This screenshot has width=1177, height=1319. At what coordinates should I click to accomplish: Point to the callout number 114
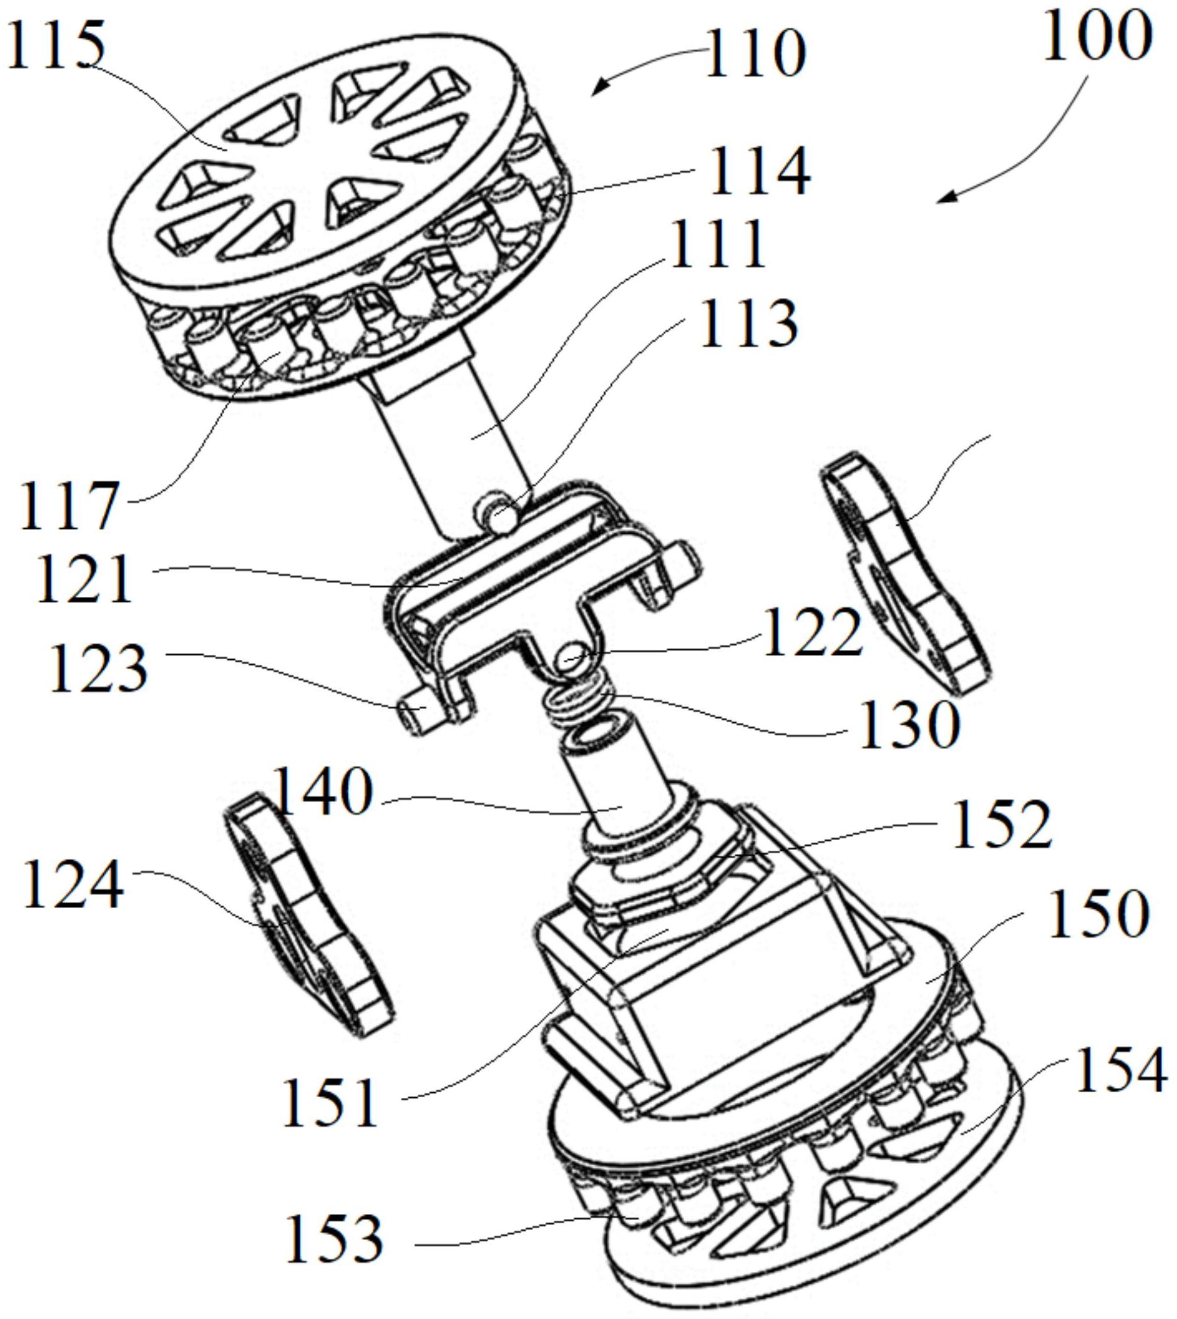(x=760, y=171)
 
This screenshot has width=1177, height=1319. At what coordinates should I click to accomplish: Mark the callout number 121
(x=84, y=579)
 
